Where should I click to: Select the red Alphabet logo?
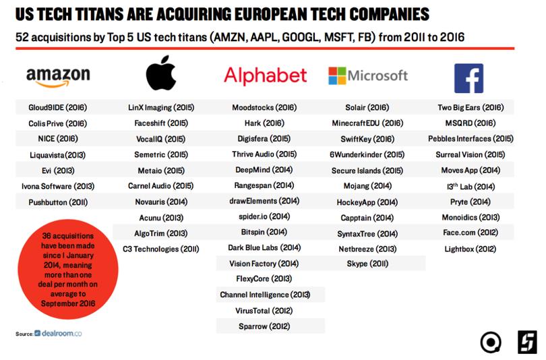click(265, 75)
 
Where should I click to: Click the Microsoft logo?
click(367, 75)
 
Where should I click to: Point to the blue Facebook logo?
click(469, 77)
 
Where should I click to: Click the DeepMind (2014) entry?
click(264, 171)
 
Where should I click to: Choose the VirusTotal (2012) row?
click(264, 311)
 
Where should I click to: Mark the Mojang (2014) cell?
click(367, 186)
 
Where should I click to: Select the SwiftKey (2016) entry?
click(367, 139)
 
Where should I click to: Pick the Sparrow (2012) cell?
click(264, 326)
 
